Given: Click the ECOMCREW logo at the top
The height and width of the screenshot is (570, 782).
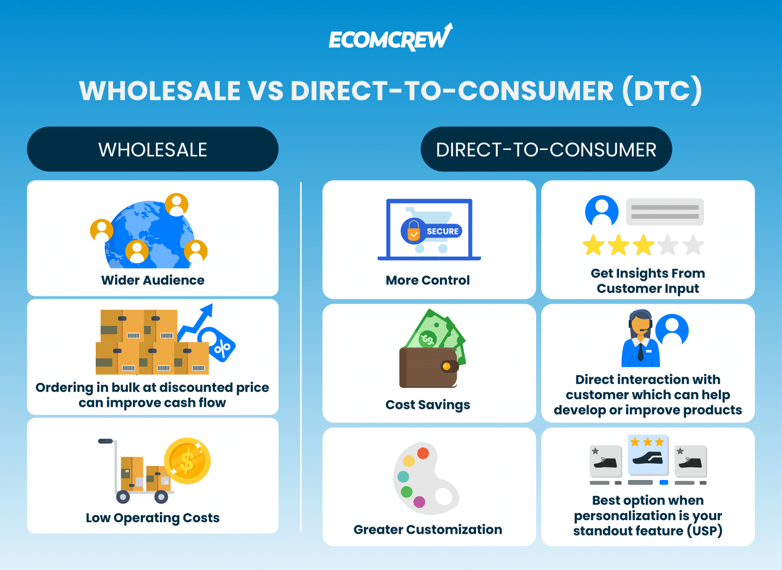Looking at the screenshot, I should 390,39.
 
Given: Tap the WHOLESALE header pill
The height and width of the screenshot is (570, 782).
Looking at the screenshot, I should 153,149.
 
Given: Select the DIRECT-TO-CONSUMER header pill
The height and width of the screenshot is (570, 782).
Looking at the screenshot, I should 546,149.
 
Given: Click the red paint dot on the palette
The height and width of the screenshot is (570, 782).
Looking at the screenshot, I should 423,453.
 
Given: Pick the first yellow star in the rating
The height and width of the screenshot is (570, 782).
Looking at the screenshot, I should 593,245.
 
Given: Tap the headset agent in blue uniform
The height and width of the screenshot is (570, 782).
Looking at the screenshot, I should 640,339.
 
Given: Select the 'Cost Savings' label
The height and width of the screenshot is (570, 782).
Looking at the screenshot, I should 428,405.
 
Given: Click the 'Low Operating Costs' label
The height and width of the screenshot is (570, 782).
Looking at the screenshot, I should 153,518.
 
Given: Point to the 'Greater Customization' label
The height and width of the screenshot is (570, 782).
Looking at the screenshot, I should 428,529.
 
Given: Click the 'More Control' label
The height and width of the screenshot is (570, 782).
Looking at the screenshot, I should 428,280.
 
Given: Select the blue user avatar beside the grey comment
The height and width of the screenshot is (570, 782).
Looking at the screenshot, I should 601,212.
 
